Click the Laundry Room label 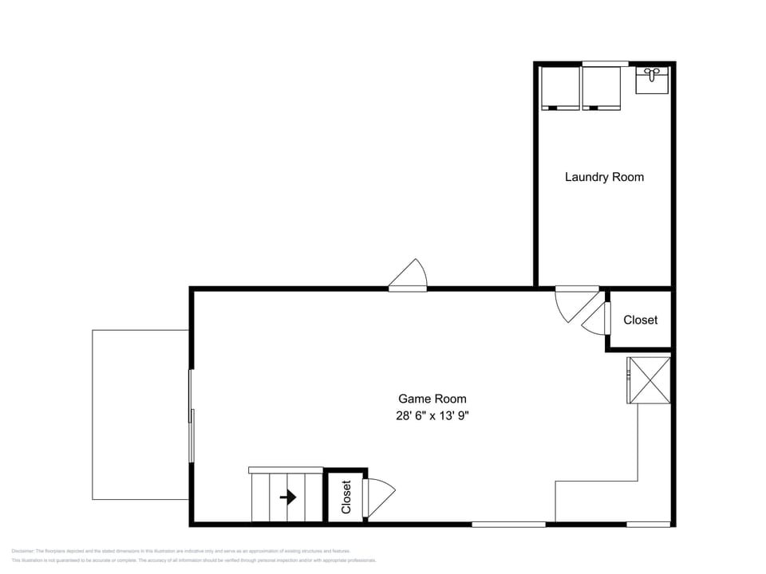click(604, 177)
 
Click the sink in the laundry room click(652, 81)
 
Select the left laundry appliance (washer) click(560, 88)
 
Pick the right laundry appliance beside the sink click(601, 88)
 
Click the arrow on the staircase click(288, 497)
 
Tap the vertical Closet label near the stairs click(345, 497)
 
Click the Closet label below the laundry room click(640, 320)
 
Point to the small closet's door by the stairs click(378, 497)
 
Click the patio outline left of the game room click(140, 415)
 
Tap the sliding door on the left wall click(191, 415)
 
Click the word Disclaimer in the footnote click(23, 551)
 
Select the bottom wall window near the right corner click(648, 524)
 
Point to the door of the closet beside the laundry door click(595, 319)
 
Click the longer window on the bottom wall click(508, 524)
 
